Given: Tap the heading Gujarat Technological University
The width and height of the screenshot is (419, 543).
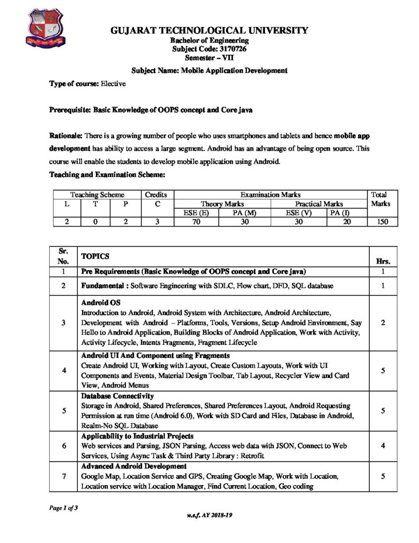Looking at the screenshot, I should click(209, 31).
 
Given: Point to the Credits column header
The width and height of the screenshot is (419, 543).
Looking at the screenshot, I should click(157, 195).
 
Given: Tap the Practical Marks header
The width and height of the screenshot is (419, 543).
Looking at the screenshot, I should click(319, 204).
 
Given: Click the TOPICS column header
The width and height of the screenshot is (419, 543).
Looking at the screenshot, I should click(95, 256).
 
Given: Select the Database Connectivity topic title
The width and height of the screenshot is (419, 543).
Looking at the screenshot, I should click(117, 396).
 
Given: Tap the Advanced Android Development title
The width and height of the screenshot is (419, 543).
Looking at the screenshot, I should click(133, 466).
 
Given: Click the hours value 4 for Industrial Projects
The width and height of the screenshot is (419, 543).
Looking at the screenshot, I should click(382, 446).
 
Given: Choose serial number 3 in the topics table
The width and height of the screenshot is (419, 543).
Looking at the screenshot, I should click(63, 322).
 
